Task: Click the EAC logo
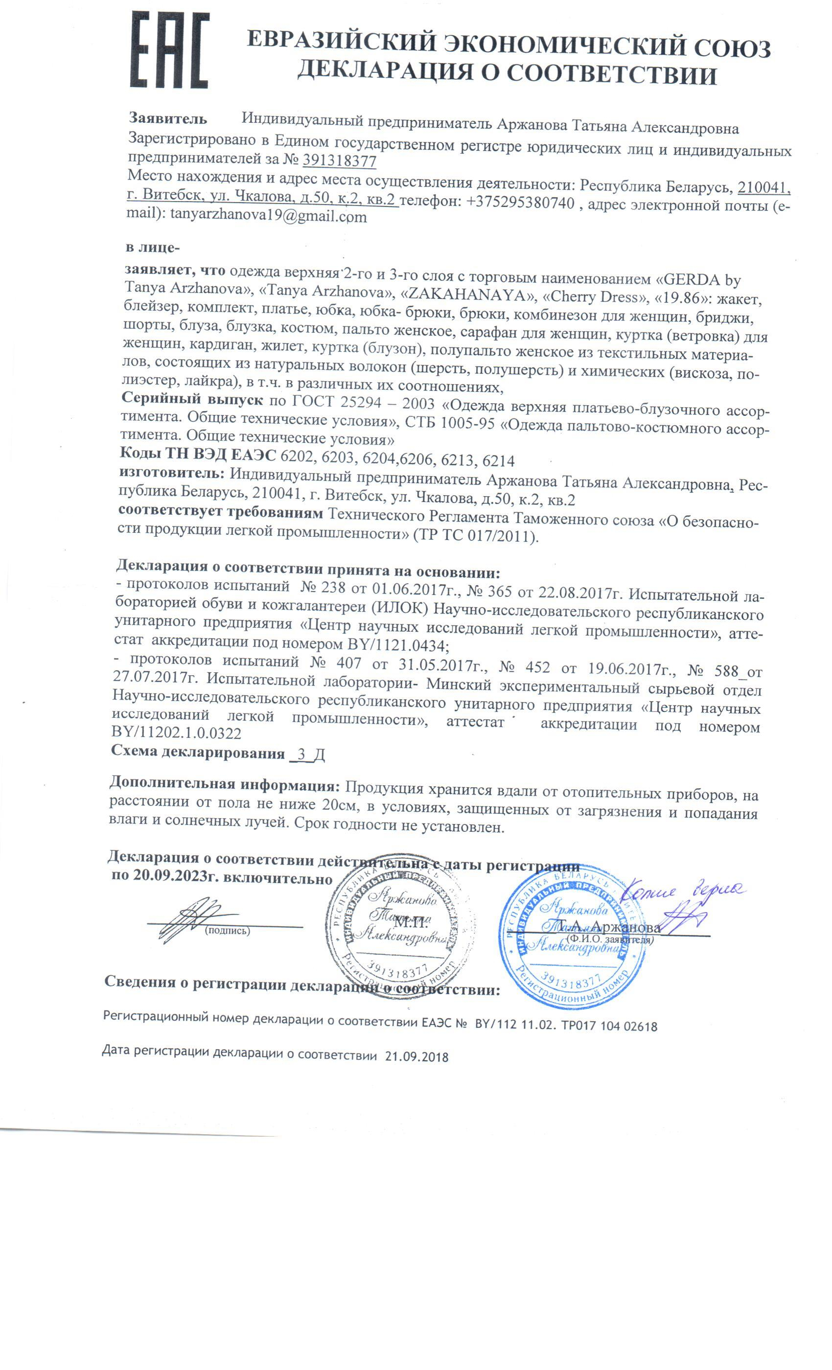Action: (170, 50)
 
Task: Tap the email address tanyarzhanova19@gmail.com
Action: (269, 216)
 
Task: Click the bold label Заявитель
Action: (168, 118)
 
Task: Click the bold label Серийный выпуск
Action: (192, 399)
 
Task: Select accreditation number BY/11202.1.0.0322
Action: (176, 733)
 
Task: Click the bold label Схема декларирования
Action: (197, 753)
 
